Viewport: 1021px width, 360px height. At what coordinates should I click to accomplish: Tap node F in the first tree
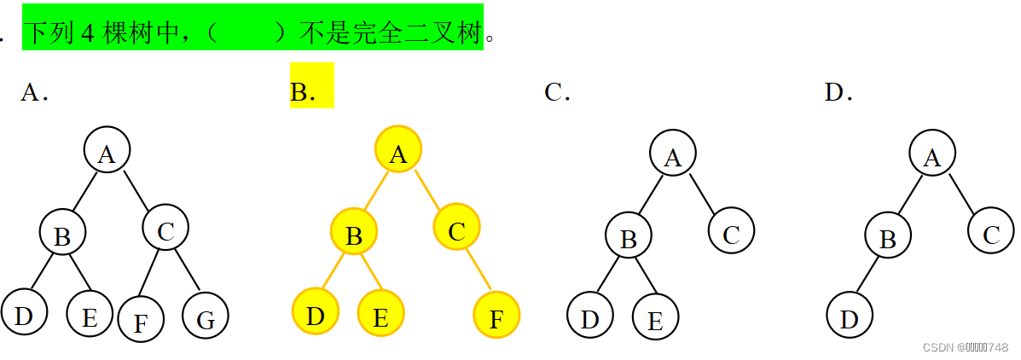pyautogui.click(x=141, y=319)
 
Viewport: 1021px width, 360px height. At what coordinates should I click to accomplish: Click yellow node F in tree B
pyautogui.click(x=496, y=316)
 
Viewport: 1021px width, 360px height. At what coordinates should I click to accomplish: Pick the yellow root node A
pyautogui.click(x=397, y=150)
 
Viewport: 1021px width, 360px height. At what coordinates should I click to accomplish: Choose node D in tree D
pyautogui.click(x=850, y=316)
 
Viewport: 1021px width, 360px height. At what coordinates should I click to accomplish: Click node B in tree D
pyautogui.click(x=888, y=235)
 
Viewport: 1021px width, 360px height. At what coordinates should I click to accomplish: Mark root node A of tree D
pyautogui.click(x=931, y=154)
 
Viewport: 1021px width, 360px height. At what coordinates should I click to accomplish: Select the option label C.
pyautogui.click(x=556, y=92)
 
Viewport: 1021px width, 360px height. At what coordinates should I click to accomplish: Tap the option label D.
pyautogui.click(x=838, y=92)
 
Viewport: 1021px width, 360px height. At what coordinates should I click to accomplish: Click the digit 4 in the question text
pyautogui.click(x=87, y=32)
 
